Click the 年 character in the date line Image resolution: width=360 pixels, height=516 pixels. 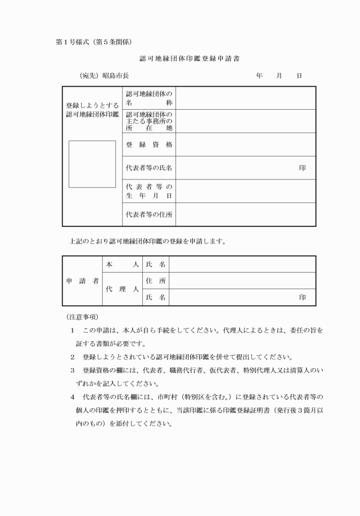(259, 75)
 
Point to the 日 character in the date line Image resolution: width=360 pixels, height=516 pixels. (299, 75)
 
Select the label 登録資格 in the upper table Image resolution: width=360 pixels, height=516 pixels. (149, 145)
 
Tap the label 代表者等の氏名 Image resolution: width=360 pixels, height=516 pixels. (149, 168)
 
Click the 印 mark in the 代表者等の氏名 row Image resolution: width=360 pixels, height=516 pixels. (302, 168)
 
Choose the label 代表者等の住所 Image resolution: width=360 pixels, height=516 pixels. (149, 215)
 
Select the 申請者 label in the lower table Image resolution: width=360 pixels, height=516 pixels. (82, 281)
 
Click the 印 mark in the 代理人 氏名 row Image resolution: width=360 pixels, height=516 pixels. (302, 298)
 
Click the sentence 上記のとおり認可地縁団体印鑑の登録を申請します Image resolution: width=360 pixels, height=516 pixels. (147, 241)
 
